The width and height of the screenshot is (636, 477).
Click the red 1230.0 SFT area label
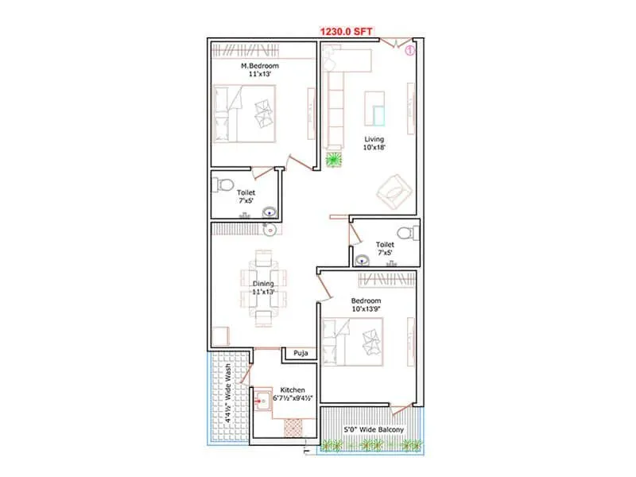(x=347, y=31)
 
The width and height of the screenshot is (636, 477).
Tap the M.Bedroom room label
(x=258, y=65)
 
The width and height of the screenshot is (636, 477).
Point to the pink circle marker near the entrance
(x=410, y=49)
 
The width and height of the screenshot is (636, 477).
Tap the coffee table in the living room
(x=374, y=109)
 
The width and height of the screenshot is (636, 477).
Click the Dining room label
(x=263, y=283)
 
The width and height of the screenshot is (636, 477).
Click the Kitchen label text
(x=293, y=390)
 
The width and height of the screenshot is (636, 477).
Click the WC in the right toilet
(x=406, y=233)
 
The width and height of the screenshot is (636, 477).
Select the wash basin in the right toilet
(x=363, y=258)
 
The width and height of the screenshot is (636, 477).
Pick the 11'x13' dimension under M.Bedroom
(x=258, y=75)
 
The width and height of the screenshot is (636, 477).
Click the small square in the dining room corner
(x=221, y=335)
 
